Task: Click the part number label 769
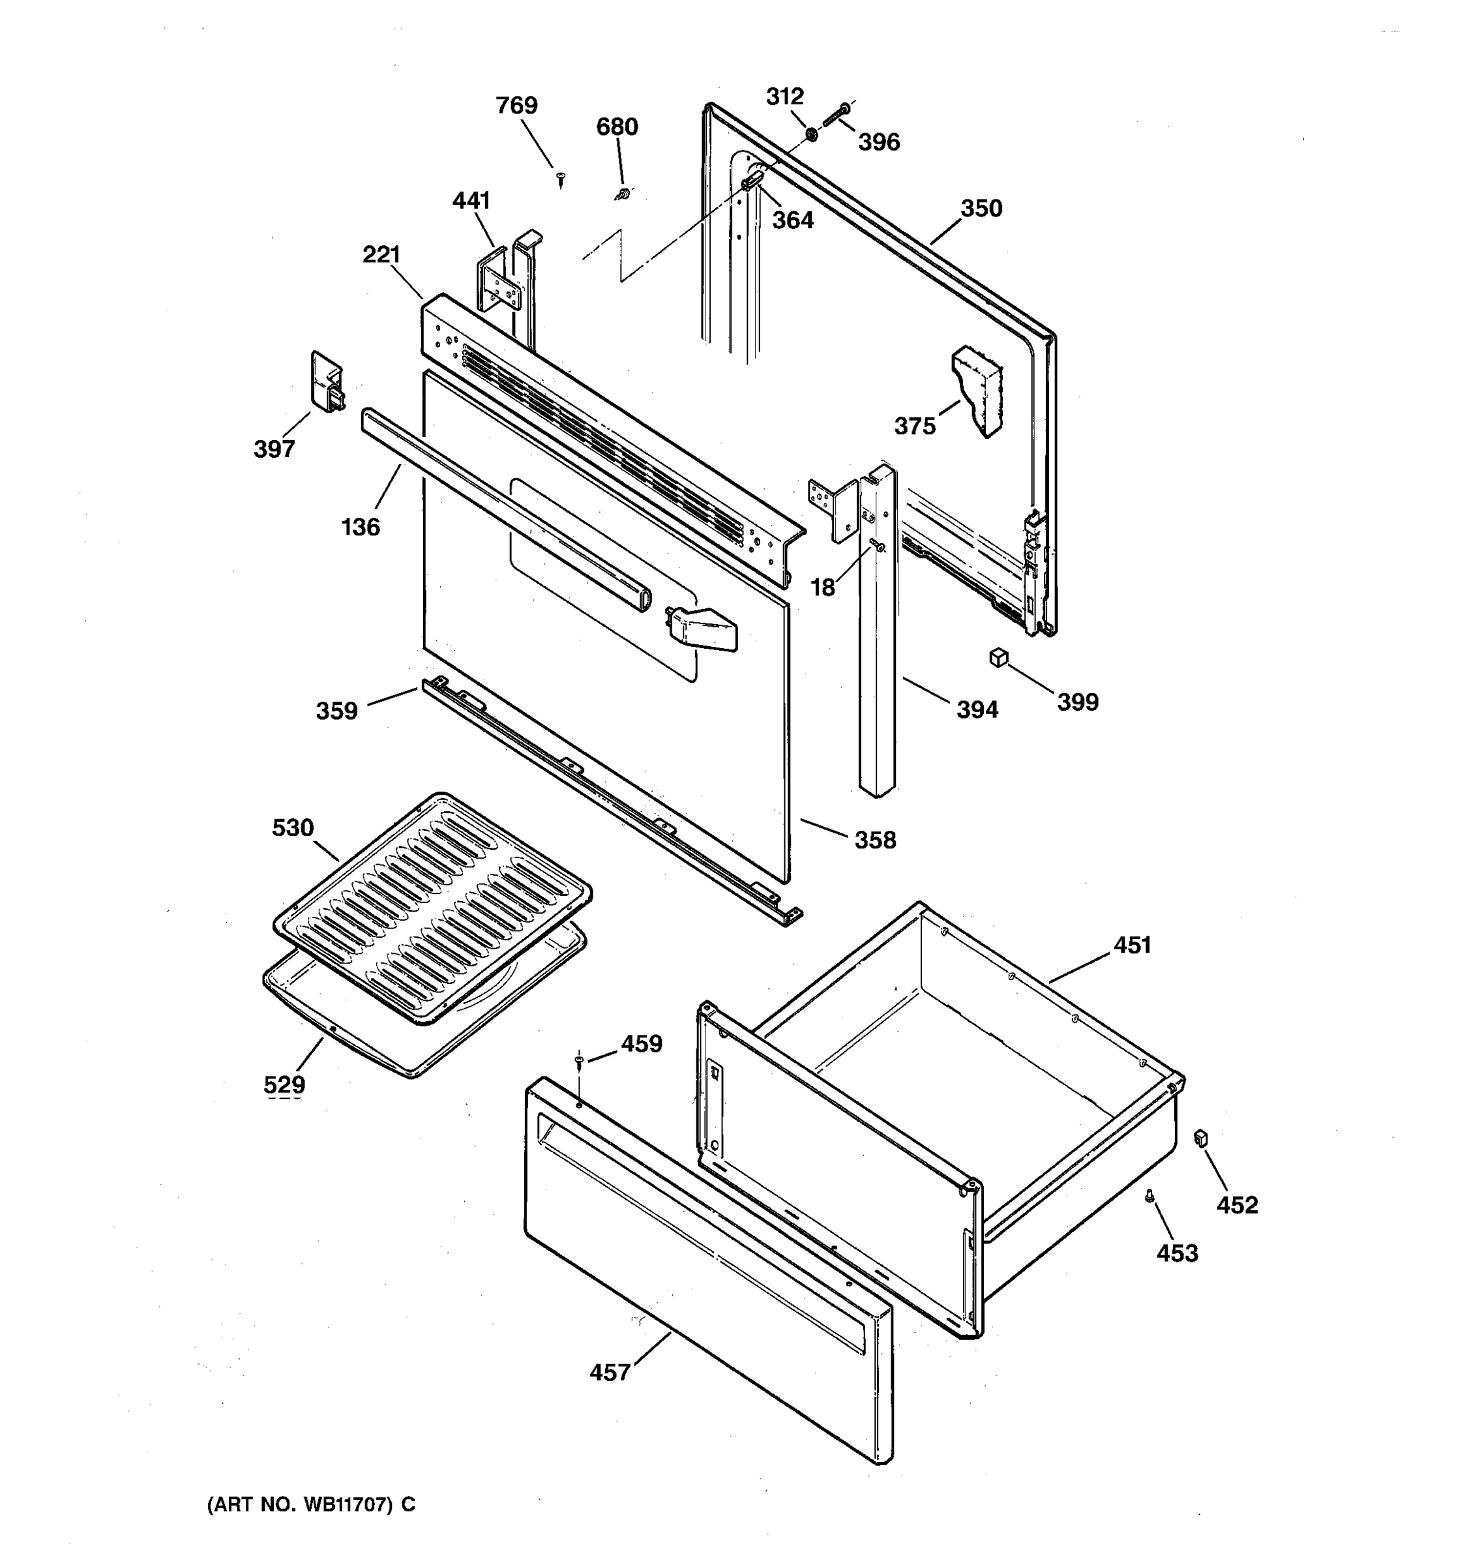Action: (516, 106)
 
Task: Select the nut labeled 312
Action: (812, 133)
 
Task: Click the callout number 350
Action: (981, 209)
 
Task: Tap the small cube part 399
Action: (999, 657)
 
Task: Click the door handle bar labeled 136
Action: (504, 508)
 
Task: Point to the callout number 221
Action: (381, 254)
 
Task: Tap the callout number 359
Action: (337, 711)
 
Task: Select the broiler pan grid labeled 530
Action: (433, 905)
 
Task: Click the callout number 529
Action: (284, 1085)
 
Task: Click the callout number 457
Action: (610, 1372)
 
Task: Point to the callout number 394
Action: (977, 709)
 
